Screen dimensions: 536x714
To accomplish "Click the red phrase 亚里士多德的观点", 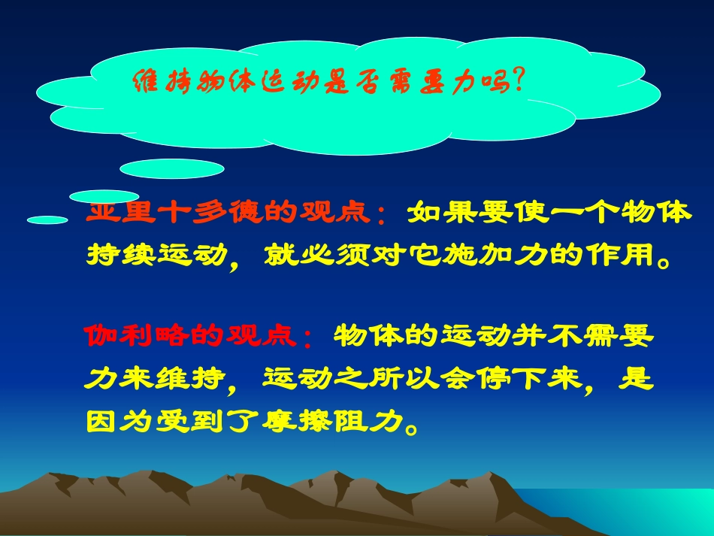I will pyautogui.click(x=230, y=213).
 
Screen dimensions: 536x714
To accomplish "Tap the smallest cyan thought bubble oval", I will pyautogui.click(x=48, y=220).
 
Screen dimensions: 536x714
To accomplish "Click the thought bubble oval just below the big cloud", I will pyautogui.click(x=172, y=168).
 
